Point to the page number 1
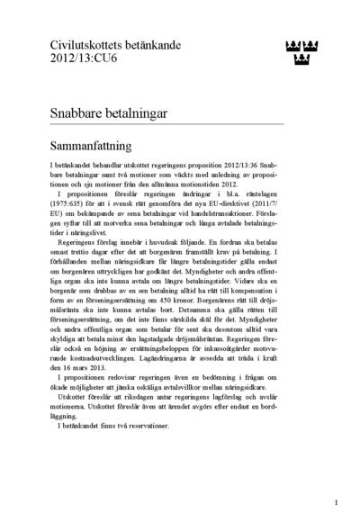336,503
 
